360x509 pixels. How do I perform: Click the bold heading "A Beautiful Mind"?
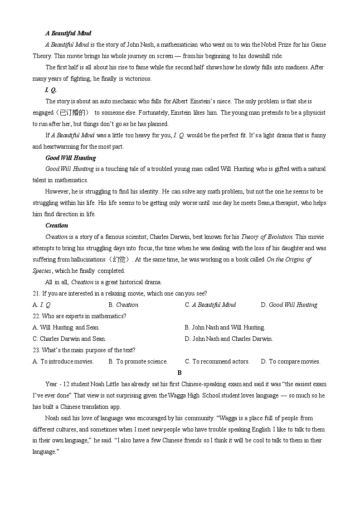click(68, 33)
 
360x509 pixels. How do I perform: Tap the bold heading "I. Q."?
click(51, 90)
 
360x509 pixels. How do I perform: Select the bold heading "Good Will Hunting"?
click(71, 158)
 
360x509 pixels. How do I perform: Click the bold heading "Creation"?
click(57, 225)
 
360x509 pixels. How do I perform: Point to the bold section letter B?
click(180, 373)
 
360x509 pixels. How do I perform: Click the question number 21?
click(37, 293)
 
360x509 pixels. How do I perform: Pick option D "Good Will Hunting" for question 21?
click(293, 305)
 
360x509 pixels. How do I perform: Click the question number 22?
click(37, 316)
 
